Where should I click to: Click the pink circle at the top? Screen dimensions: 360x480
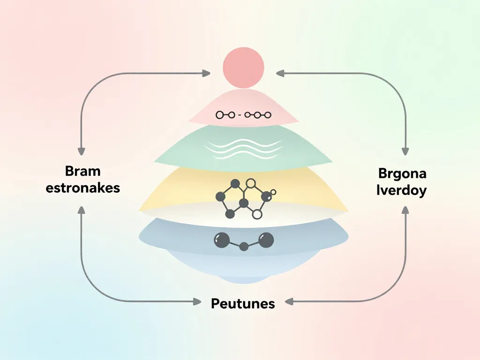[x=243, y=68]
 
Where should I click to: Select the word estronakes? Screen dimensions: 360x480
[x=83, y=188]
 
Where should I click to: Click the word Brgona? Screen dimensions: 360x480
[x=402, y=173]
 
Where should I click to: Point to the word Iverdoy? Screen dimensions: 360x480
[x=401, y=191]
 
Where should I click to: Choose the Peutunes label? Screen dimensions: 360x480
[x=243, y=303]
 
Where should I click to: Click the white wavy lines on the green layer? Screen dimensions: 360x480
[x=244, y=149]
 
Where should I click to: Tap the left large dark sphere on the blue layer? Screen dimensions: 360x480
[x=221, y=240]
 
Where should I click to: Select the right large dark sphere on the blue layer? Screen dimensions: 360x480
[x=266, y=240]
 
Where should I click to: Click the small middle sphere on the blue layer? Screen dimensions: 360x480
[x=244, y=247]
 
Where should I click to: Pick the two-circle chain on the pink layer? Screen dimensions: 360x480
[x=225, y=114]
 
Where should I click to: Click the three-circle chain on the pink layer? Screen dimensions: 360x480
[x=257, y=114]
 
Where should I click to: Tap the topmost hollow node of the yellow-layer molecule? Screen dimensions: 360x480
[x=251, y=183]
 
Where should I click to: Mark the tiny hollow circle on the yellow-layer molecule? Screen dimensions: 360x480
[x=274, y=192]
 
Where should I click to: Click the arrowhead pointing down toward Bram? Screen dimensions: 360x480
[x=81, y=151]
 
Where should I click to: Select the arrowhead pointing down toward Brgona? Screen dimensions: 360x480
[x=404, y=151]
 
